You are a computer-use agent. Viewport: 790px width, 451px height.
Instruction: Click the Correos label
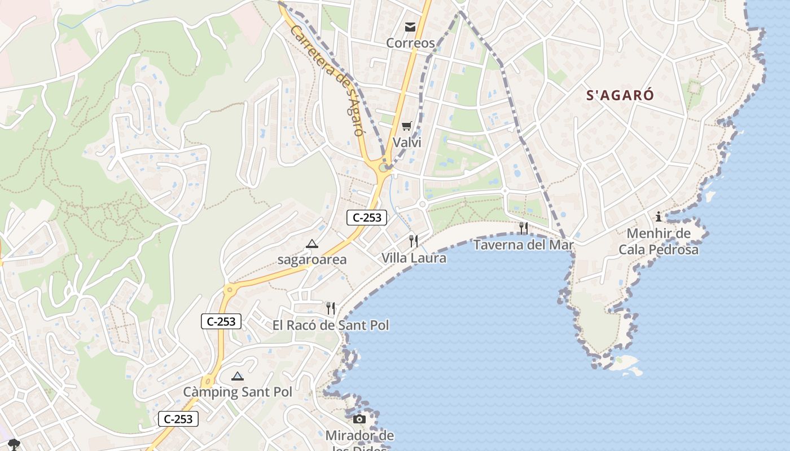pos(410,43)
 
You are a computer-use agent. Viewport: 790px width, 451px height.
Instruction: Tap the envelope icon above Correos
pos(410,26)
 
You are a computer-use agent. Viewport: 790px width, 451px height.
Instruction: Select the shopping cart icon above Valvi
pos(407,126)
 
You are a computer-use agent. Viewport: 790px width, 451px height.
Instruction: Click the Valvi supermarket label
pos(407,142)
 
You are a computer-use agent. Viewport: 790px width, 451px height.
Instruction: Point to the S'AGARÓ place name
pos(620,95)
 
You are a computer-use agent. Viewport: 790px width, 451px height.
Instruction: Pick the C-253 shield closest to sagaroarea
pos(367,218)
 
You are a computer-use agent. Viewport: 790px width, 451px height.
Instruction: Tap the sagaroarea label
pos(311,260)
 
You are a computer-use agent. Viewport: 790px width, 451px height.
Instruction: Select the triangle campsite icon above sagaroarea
pos(311,244)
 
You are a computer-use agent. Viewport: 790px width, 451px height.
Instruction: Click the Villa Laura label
pos(414,258)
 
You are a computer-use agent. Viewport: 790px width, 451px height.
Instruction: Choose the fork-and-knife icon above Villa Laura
pos(414,241)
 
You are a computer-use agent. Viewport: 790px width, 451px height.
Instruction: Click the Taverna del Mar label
pos(523,245)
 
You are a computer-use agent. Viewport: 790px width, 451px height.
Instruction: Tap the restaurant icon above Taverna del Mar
pos(524,228)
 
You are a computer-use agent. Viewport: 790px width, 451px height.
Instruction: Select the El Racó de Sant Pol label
pos(331,325)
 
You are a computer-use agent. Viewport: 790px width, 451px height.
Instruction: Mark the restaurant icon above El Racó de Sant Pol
pos(331,308)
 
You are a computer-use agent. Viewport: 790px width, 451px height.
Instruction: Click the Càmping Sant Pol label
pos(238,392)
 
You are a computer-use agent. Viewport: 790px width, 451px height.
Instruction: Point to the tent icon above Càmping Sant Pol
pos(238,376)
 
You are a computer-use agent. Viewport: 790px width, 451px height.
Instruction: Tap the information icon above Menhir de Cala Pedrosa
pos(658,216)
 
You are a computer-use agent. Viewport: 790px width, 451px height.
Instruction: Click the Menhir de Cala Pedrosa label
pos(659,241)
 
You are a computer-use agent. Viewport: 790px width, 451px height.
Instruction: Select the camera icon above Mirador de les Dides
pos(359,419)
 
